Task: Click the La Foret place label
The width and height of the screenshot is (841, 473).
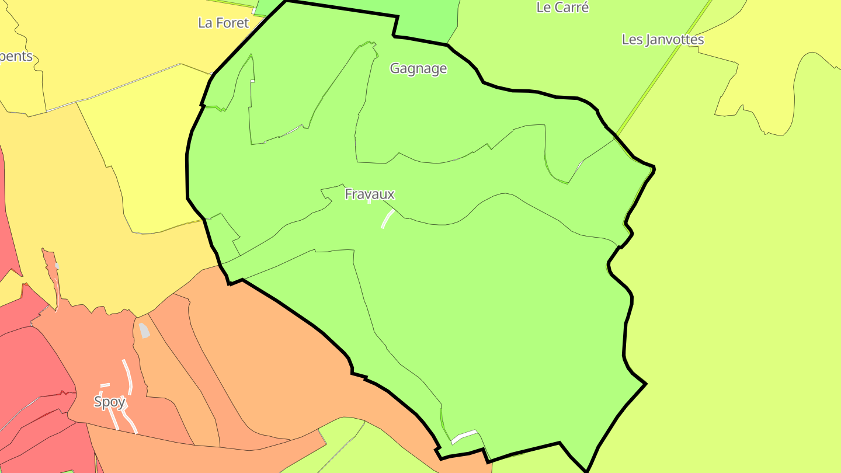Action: (223, 23)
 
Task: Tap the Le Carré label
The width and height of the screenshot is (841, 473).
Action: (562, 8)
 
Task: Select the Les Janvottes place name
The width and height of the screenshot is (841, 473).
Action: (662, 40)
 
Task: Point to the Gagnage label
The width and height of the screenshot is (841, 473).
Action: (418, 68)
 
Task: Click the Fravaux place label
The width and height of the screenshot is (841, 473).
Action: (370, 194)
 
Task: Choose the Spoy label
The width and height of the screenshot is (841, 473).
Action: (110, 402)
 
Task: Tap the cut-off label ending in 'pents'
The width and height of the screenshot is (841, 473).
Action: (16, 57)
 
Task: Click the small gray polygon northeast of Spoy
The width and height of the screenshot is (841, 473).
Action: (144, 331)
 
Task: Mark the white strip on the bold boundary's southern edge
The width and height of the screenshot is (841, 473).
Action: (464, 436)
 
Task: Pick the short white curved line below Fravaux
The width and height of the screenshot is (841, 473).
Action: (387, 219)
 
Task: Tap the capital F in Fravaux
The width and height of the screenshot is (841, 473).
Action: (349, 194)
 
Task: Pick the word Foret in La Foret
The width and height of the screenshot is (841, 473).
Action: (232, 23)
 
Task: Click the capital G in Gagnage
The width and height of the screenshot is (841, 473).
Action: (395, 68)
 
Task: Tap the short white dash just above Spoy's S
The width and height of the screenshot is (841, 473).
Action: (105, 385)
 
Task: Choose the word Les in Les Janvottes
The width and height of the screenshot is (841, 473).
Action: (633, 40)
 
